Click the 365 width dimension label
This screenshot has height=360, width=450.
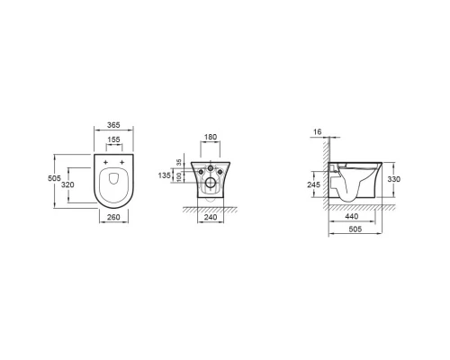(x=113, y=125)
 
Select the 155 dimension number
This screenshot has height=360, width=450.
(x=114, y=139)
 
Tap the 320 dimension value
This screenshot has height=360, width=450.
(x=67, y=184)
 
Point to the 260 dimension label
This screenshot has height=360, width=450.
(x=113, y=217)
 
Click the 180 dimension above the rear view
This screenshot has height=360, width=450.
(x=211, y=137)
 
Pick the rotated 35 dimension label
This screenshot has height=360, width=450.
(x=179, y=163)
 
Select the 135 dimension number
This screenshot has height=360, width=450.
(x=164, y=175)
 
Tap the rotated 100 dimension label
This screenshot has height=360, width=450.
(x=179, y=176)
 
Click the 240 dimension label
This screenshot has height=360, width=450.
(x=211, y=217)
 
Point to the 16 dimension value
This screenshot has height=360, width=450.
(x=317, y=131)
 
